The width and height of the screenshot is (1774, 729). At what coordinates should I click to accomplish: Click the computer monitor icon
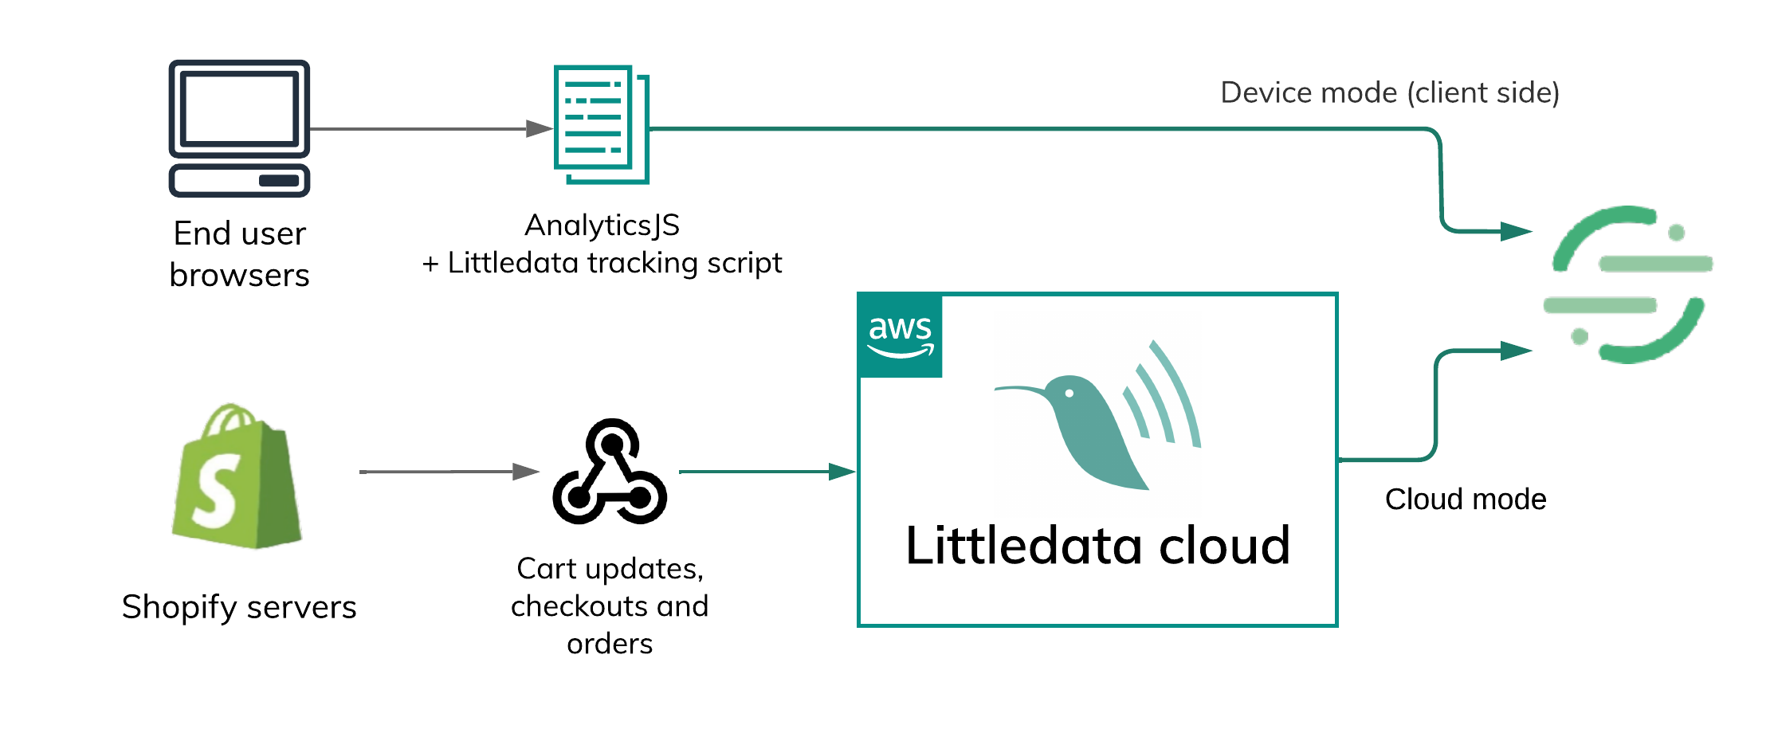[x=239, y=127]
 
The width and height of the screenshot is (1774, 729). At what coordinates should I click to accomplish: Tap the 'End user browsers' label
[x=239, y=253]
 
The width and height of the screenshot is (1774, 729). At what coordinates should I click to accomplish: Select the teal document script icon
[x=601, y=124]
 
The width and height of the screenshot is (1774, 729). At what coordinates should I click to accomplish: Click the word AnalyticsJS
[x=602, y=225]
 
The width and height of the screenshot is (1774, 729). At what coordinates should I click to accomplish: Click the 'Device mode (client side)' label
[x=1389, y=92]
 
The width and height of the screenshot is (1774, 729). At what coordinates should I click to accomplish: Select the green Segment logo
[x=1627, y=284]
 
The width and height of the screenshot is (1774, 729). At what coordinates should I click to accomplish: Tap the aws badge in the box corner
[x=901, y=335]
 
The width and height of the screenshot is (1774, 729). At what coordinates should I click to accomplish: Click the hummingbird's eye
[x=1070, y=393]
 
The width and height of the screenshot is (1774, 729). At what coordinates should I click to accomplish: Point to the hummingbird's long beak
[x=1020, y=390]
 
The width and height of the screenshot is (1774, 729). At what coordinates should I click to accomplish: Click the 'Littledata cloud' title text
[x=1097, y=546]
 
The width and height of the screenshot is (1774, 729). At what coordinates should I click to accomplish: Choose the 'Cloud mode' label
[x=1465, y=500]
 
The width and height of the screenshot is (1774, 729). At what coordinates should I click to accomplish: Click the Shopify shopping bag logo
[x=237, y=477]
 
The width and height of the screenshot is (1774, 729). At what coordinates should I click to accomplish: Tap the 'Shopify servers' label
[x=239, y=607]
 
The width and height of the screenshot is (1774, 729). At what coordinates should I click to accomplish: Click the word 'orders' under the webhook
[x=610, y=644]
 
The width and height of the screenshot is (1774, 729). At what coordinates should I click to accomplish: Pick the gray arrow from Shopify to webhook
[x=446, y=472]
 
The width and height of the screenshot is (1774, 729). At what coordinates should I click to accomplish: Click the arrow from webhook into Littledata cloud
[x=765, y=472]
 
